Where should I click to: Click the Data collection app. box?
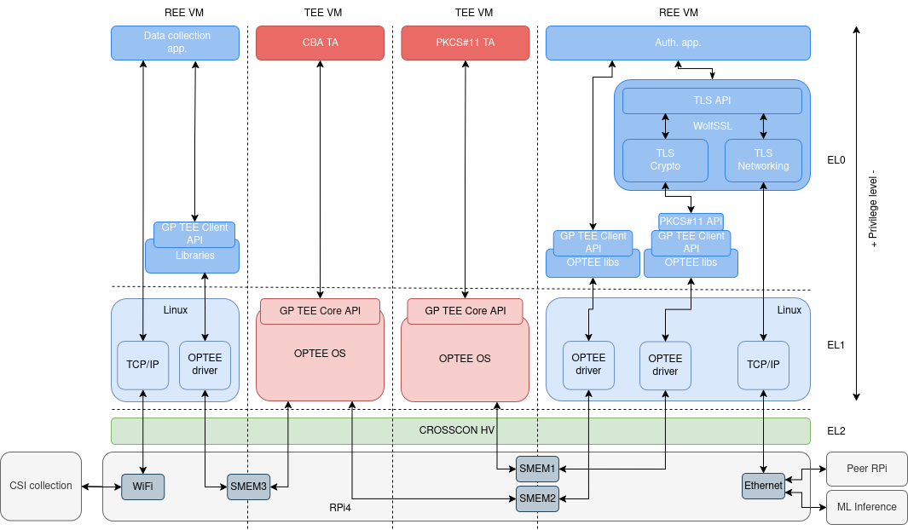pyautogui.click(x=176, y=43)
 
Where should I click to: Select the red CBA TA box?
pyautogui.click(x=320, y=43)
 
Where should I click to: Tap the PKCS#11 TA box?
pyautogui.click(x=465, y=43)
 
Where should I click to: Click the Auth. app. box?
pyautogui.click(x=678, y=43)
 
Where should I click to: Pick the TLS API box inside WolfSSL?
pyautogui.click(x=712, y=101)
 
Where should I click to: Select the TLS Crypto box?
pyautogui.click(x=665, y=160)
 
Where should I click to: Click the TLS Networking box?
pyautogui.click(x=763, y=160)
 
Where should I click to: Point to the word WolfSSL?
pyautogui.click(x=712, y=126)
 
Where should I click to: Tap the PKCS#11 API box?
pyautogui.click(x=691, y=222)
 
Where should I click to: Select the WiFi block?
pyautogui.click(x=142, y=487)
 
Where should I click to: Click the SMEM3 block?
pyautogui.click(x=248, y=487)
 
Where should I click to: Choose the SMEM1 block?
pyautogui.click(x=537, y=468)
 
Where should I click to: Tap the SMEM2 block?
pyautogui.click(x=537, y=498)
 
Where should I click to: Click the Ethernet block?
pyautogui.click(x=763, y=486)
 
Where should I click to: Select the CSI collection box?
pyautogui.click(x=41, y=486)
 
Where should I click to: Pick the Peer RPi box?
pyautogui.click(x=867, y=469)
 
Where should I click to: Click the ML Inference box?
pyautogui.click(x=867, y=506)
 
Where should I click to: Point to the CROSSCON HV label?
pyautogui.click(x=456, y=430)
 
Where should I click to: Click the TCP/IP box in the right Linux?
pyautogui.click(x=763, y=365)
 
